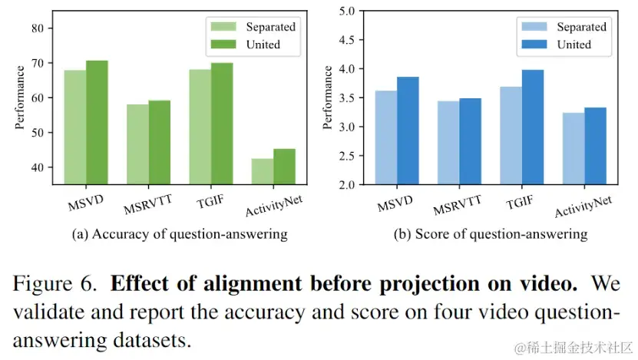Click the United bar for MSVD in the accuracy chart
click(97, 122)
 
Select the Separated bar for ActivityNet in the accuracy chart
click(262, 171)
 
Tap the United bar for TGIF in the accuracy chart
click(221, 124)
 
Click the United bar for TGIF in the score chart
click(533, 127)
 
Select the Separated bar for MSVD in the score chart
click(386, 137)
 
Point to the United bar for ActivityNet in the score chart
click(595, 146)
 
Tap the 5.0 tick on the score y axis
click(347, 12)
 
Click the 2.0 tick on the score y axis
click(347, 185)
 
